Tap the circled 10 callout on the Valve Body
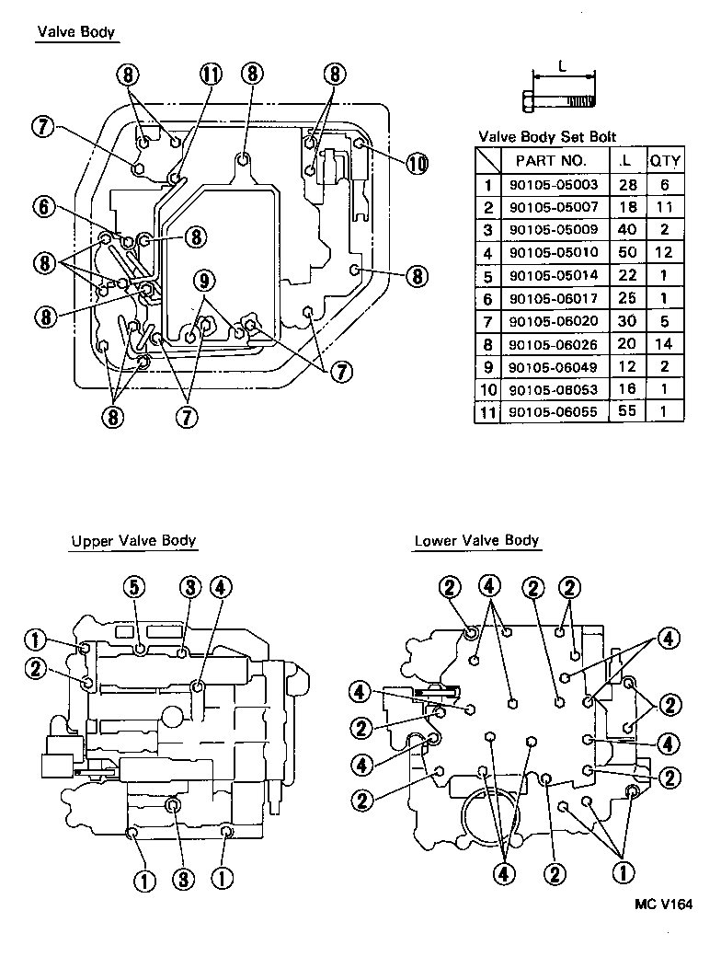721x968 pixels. pos(417,164)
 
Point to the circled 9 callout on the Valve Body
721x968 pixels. pos(204,279)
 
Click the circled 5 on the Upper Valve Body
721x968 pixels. pos(136,586)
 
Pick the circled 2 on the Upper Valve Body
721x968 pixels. pos(36,670)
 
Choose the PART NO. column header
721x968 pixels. pos(550,161)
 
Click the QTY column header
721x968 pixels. pos(665,161)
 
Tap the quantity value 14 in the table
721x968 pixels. pos(665,344)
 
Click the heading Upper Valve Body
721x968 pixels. pos(134,541)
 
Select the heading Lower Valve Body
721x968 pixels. pos(476,541)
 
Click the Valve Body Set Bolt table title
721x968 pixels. pos(547,137)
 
